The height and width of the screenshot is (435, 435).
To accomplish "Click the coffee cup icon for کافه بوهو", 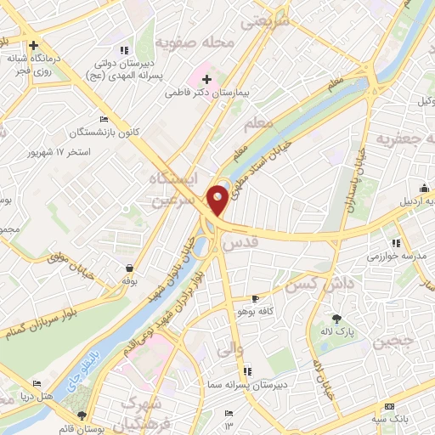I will tap(255, 299).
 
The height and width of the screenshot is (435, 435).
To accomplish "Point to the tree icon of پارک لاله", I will tap(338, 319).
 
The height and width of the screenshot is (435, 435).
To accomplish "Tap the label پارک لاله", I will tap(338, 331).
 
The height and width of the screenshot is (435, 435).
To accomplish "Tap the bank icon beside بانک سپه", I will tap(389, 408).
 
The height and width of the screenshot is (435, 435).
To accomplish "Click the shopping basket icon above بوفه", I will tap(129, 268).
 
